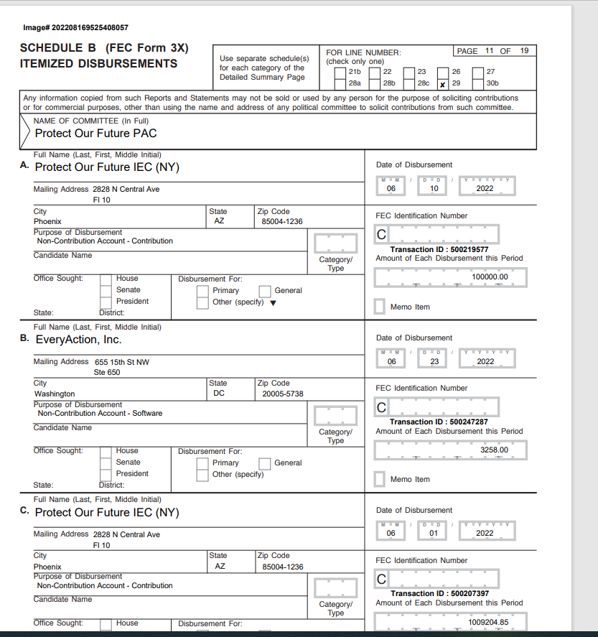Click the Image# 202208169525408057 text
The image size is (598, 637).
click(75, 27)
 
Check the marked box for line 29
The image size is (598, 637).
click(443, 83)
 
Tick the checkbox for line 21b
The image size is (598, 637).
click(340, 72)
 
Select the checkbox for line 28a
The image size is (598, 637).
click(340, 83)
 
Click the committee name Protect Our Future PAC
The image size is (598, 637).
click(95, 134)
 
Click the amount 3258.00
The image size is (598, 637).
click(494, 450)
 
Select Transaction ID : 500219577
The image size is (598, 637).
click(439, 250)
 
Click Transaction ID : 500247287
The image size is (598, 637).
click(439, 422)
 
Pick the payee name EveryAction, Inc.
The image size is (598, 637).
click(78, 340)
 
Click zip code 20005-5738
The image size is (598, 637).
click(282, 394)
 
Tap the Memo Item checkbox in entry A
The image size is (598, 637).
click(380, 307)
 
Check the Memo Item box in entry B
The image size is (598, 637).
click(380, 479)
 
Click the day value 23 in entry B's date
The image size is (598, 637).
click(434, 361)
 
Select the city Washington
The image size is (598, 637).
click(55, 394)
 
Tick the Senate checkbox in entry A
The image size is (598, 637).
click(106, 290)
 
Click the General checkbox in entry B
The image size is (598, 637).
click(264, 463)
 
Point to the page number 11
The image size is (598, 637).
click(489, 51)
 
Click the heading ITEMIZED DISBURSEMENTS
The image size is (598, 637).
click(98, 64)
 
